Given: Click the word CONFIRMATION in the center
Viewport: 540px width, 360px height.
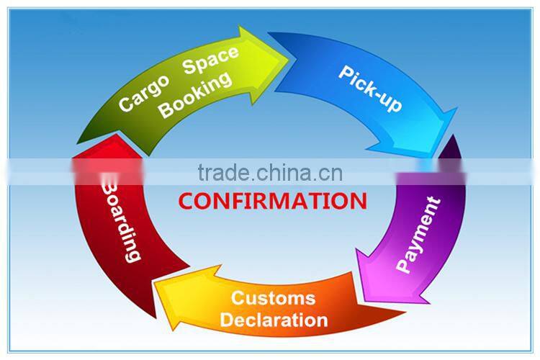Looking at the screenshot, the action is tap(272, 200).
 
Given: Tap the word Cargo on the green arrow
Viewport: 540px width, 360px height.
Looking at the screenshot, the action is tap(144, 93).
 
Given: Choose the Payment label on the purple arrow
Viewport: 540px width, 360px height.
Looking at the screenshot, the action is tap(418, 235).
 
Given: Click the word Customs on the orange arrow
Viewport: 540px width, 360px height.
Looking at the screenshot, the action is tap(273, 298).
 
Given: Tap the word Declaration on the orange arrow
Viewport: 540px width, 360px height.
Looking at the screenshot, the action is tap(274, 318).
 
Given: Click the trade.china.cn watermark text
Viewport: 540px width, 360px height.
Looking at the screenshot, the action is tap(271, 174).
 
